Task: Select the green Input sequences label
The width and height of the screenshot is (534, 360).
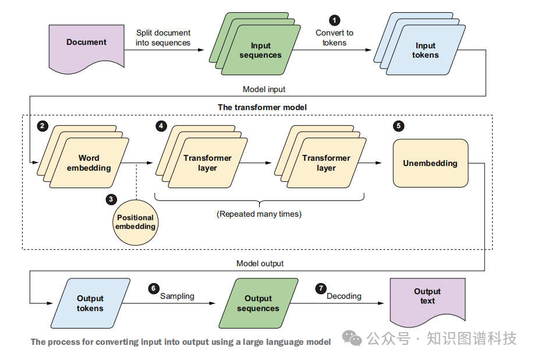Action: click(x=261, y=51)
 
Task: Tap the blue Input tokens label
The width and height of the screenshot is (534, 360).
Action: click(x=425, y=51)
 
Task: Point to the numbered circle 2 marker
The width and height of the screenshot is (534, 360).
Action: click(x=42, y=126)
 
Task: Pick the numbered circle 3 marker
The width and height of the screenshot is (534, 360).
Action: click(x=111, y=199)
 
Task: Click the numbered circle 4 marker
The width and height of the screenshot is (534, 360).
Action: click(x=161, y=126)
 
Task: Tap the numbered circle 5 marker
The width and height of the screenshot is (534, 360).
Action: click(x=398, y=126)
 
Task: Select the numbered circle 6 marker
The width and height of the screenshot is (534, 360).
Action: click(x=154, y=288)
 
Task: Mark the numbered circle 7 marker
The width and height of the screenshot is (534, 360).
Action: click(x=320, y=288)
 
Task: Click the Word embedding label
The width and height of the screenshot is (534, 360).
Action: click(x=89, y=163)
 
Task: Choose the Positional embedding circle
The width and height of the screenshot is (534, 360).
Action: click(x=135, y=222)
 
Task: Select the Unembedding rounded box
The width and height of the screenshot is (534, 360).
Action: click(x=430, y=163)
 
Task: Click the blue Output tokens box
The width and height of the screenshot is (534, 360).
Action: click(x=90, y=303)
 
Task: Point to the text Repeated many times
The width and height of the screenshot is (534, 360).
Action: click(x=259, y=214)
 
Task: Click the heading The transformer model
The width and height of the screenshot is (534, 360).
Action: click(x=262, y=107)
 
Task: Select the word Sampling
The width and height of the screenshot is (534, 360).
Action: click(x=177, y=296)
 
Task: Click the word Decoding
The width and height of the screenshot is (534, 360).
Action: click(x=344, y=296)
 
